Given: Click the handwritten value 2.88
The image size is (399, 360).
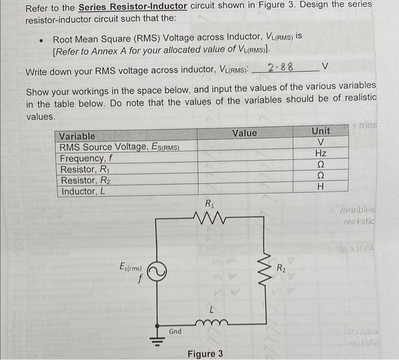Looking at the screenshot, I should point(280,67).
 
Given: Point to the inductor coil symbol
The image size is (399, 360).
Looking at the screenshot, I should point(211,323).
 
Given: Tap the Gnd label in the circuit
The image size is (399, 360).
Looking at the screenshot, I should point(176,330).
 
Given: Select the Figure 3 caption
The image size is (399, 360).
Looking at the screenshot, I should point(205,354).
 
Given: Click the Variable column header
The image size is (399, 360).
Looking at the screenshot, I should point(78,136).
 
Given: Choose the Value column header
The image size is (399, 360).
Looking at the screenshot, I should point(245,133).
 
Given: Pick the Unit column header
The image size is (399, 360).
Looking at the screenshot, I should point(321,131).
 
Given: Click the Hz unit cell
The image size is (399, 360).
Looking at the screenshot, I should point(320,153).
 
